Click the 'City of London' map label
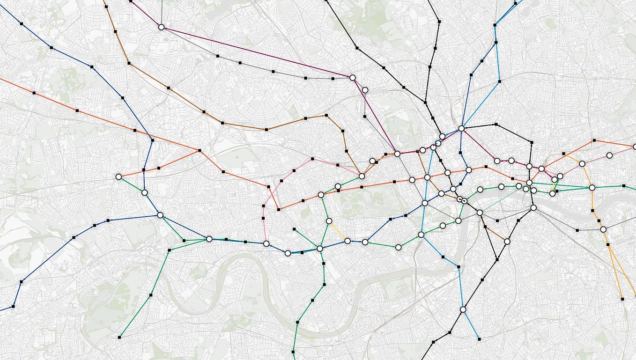[x=521, y=176]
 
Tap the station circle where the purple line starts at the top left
[x=162, y=27]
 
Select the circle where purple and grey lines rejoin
[x=353, y=77]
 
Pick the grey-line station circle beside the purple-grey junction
[x=365, y=90]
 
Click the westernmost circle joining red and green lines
[x=118, y=177]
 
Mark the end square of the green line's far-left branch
[x=120, y=337]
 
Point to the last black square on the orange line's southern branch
[x=622, y=298]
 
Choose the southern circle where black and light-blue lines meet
[x=463, y=309]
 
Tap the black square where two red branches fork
[x=200, y=150]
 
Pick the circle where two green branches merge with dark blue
[x=209, y=239]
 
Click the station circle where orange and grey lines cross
[x=603, y=229]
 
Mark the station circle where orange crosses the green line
[x=592, y=188]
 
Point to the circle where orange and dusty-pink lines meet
[x=582, y=163]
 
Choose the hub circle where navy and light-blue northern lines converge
[x=461, y=128]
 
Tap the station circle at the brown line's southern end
[x=507, y=242]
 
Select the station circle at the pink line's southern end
[x=266, y=243]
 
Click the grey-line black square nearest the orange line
[x=577, y=230]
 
